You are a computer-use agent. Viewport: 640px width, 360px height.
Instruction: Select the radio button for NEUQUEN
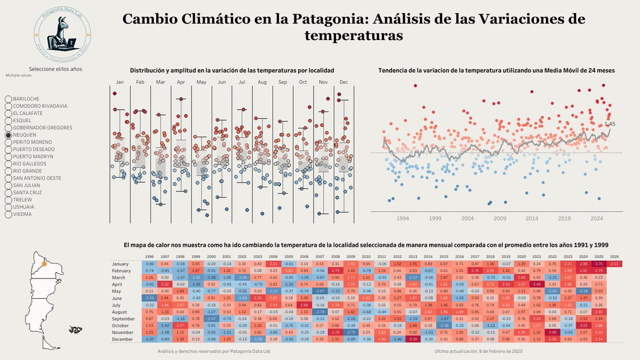point(8,135)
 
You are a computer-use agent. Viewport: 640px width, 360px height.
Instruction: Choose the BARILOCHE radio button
point(8,99)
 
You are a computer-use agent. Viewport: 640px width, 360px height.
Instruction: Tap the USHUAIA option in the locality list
point(8,207)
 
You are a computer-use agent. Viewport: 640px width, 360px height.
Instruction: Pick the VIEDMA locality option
point(8,214)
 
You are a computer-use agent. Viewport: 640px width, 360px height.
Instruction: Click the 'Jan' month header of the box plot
point(119,82)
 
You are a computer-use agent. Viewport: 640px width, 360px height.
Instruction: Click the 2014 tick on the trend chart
point(532,218)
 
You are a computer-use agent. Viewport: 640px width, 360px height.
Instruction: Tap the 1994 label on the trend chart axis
point(402,218)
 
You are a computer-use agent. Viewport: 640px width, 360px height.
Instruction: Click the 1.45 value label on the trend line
point(609,124)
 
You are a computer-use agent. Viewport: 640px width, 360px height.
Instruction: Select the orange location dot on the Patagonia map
point(45,263)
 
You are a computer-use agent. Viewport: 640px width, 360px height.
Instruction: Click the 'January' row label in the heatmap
point(121,263)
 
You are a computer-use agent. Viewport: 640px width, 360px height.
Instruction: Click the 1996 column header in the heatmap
point(150,257)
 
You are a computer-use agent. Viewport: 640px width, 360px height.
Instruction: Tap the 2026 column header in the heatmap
point(614,257)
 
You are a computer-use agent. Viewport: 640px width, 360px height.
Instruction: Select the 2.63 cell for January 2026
point(614,263)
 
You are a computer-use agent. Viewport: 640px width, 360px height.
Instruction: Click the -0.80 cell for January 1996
point(150,263)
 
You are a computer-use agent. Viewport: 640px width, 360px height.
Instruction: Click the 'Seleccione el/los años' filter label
point(55,69)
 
